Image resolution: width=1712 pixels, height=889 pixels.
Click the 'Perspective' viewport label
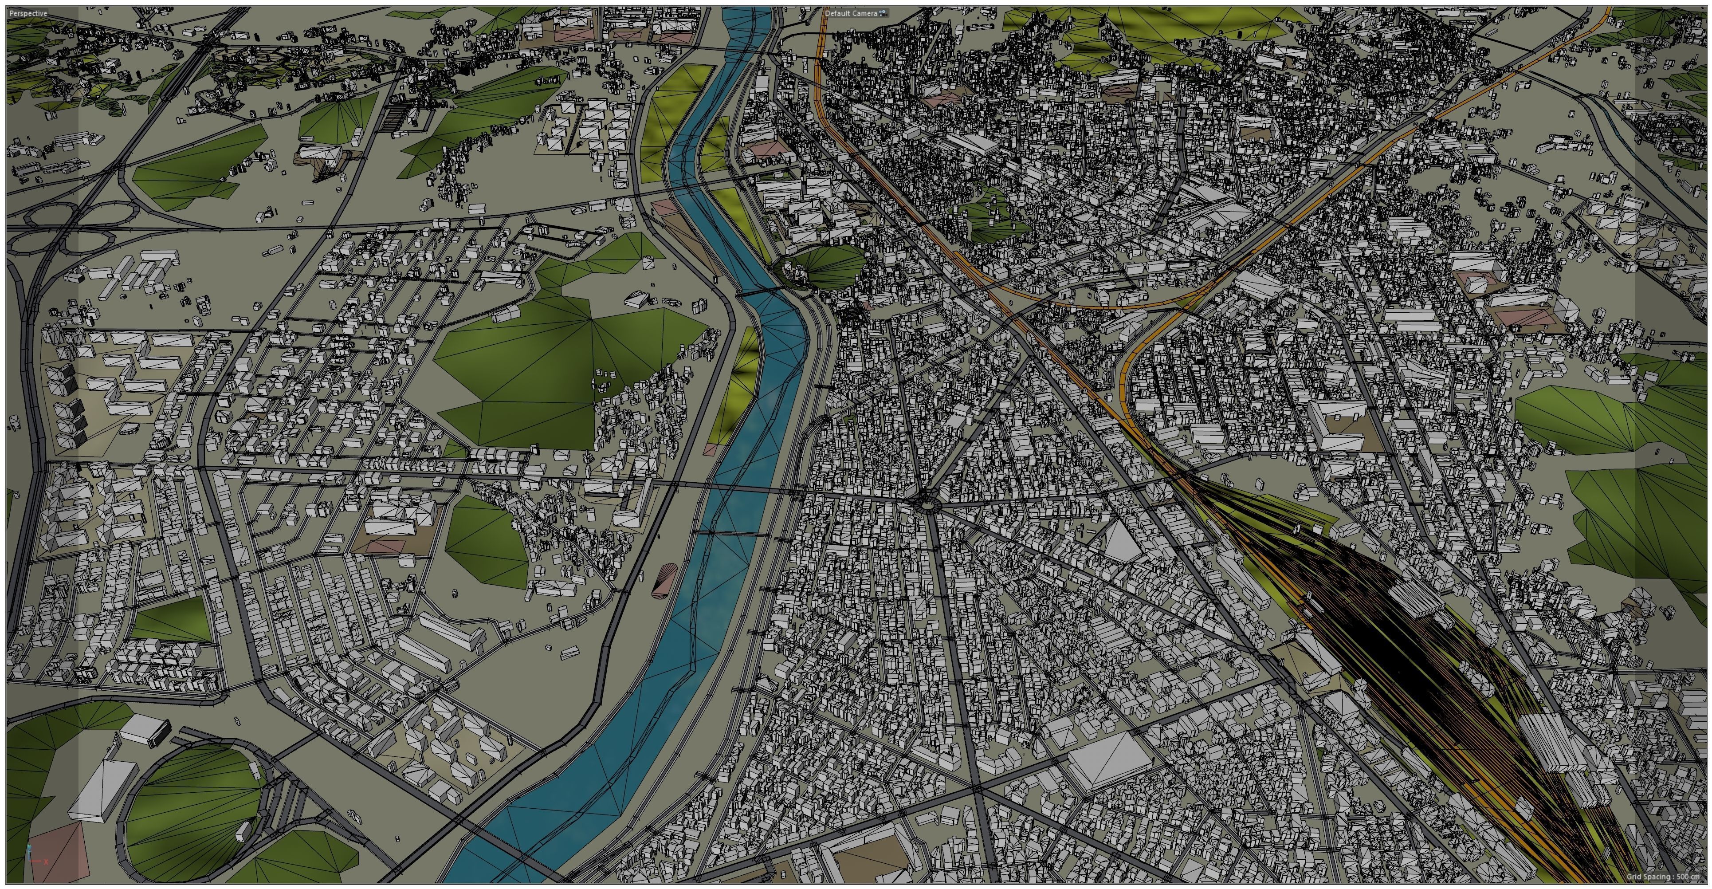28,13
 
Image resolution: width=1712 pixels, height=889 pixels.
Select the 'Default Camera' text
851,13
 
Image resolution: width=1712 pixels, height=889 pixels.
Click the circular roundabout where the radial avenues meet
923,504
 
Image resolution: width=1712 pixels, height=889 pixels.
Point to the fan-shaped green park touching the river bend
828,266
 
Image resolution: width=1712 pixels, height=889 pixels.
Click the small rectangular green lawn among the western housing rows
172,620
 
